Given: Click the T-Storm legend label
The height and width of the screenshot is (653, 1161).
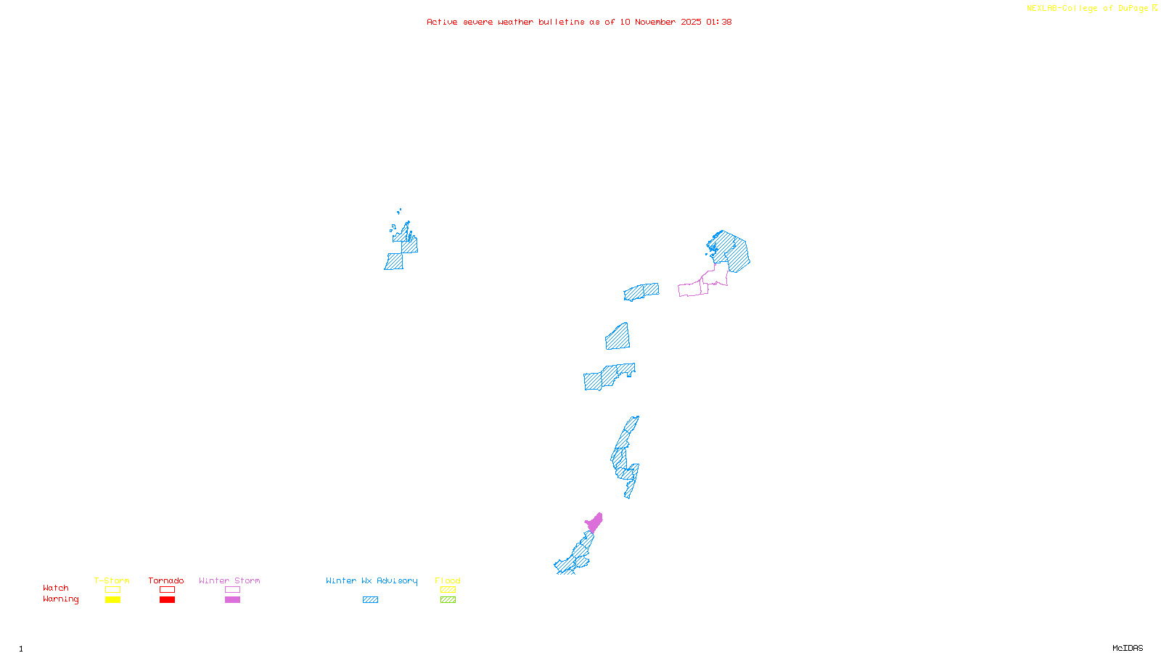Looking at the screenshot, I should pos(111,580).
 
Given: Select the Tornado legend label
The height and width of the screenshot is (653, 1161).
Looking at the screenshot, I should pos(166,580).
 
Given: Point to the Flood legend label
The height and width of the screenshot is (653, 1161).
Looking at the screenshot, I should pos(448,580).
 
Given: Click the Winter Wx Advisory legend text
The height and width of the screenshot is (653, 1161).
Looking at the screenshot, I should pos(372,580).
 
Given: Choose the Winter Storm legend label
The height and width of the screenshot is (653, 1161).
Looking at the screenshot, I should pos(229,580).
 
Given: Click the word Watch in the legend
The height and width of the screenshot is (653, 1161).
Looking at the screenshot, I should pos(56,588).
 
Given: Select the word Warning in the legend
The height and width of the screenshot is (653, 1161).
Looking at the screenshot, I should pos(60,599).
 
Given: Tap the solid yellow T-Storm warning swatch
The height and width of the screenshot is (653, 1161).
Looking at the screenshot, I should pos(112,600).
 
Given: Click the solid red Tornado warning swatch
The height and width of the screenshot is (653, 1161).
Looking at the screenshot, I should pos(168,600).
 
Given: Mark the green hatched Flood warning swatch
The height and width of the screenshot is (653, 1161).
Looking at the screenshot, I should pos(448,600).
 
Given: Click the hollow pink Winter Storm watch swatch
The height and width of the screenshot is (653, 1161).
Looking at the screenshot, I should pos(232,590).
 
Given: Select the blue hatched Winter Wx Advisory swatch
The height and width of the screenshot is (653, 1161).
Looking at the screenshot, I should pos(370,600).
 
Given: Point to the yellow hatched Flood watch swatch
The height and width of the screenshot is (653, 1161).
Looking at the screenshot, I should pos(448,590).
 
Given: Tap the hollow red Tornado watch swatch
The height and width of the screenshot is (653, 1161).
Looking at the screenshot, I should pos(168,590).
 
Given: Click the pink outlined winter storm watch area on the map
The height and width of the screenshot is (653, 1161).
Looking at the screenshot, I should pos(693,289).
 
